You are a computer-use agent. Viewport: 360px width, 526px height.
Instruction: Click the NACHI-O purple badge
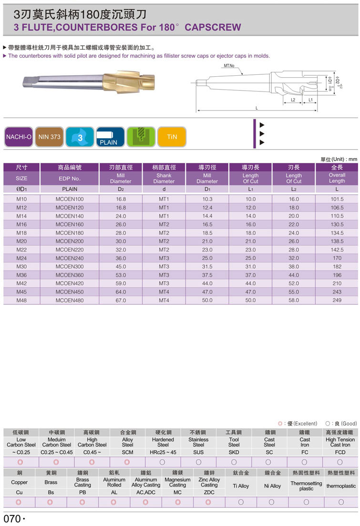(x=19, y=137)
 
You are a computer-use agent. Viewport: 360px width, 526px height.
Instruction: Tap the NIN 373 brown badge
(x=50, y=137)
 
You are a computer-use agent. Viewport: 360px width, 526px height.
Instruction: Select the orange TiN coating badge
(x=172, y=137)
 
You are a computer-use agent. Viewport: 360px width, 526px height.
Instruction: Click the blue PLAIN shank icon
(x=110, y=137)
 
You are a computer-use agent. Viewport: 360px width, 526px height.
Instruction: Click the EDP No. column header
(x=70, y=178)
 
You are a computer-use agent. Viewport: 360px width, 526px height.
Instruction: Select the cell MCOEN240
(x=70, y=258)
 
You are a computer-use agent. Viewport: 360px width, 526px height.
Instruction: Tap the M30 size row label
(x=21, y=267)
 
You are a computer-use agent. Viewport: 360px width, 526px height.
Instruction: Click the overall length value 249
(x=337, y=301)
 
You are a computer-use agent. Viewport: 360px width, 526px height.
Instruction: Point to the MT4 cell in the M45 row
(x=164, y=292)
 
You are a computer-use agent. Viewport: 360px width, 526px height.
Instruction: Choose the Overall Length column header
(x=337, y=178)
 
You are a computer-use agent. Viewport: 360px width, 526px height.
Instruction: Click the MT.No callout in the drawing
(x=229, y=66)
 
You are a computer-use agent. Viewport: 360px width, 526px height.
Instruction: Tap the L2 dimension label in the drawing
(x=294, y=100)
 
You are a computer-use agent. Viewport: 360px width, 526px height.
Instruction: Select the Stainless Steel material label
(x=198, y=442)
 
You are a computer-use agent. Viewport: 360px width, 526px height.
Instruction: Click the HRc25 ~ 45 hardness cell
(x=163, y=452)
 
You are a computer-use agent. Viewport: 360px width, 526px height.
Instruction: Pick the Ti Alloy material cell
(x=241, y=486)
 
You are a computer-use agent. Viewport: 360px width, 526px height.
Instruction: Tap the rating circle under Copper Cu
(x=19, y=502)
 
